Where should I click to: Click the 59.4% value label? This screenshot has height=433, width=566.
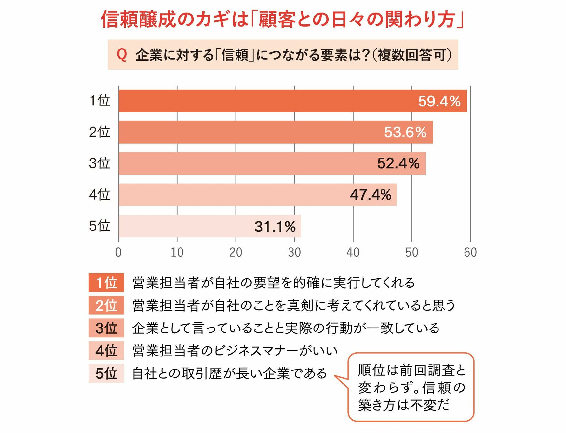click(x=439, y=101)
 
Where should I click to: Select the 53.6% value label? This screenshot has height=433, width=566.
click(x=405, y=132)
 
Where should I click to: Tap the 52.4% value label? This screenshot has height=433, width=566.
click(x=398, y=163)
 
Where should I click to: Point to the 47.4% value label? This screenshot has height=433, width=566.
click(x=371, y=195)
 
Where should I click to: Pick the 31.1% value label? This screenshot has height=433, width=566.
click(x=275, y=227)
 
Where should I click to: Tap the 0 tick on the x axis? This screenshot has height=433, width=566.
click(x=118, y=252)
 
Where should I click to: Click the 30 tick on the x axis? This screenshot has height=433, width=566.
click(x=294, y=252)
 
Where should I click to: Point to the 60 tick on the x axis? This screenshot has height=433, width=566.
click(x=470, y=252)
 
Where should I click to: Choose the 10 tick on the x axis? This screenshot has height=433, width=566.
click(x=177, y=252)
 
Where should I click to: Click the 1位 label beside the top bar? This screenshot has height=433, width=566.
click(x=100, y=101)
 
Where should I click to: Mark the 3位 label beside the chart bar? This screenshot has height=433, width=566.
click(x=100, y=163)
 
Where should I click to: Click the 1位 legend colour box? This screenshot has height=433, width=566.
click(x=106, y=283)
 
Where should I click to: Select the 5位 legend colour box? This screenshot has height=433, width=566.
click(x=106, y=373)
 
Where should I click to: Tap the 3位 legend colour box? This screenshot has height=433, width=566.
click(x=106, y=328)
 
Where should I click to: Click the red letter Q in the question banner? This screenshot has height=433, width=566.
click(x=122, y=55)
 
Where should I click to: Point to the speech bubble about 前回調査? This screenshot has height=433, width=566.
click(x=411, y=387)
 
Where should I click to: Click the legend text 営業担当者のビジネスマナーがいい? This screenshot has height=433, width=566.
click(x=235, y=351)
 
